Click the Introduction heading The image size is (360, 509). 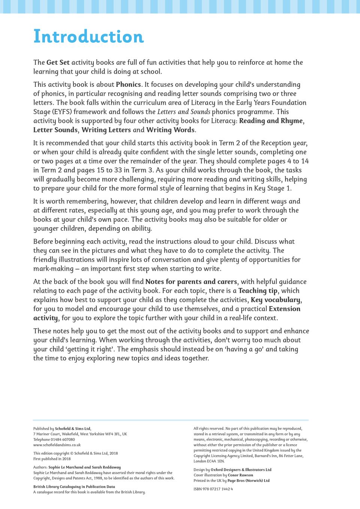point(88,37)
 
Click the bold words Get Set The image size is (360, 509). point(58,63)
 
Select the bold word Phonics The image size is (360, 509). point(128,85)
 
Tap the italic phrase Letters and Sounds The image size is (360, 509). point(184,112)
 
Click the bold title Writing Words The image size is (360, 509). point(170,130)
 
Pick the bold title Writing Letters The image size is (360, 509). point(106,130)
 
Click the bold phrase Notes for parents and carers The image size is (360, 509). point(191,282)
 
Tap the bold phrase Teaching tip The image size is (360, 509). point(258,291)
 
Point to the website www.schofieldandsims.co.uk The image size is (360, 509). point(57,445)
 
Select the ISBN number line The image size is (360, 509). point(213,489)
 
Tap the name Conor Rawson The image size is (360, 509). point(240,475)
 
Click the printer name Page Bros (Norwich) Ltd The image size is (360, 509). point(248,481)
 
